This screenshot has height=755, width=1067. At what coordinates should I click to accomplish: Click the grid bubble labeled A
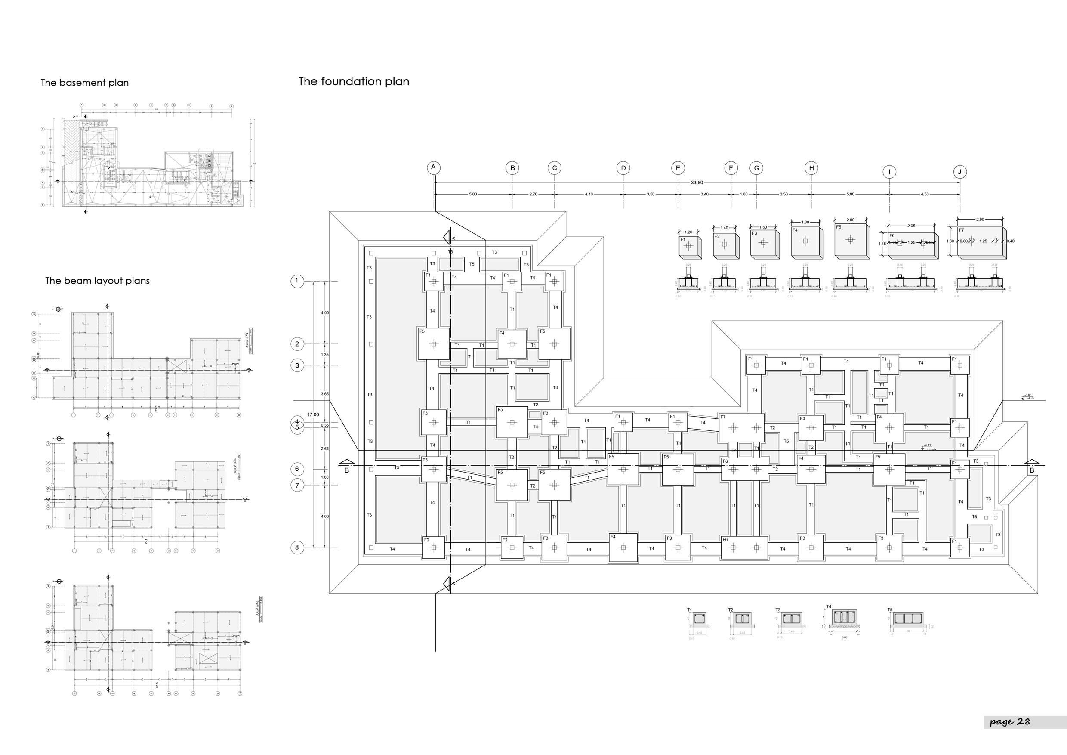click(433, 167)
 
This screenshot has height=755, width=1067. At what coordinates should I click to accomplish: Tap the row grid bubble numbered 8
click(297, 547)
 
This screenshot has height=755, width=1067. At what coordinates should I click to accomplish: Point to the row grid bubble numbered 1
click(297, 281)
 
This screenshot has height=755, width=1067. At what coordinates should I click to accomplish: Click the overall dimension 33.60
click(696, 183)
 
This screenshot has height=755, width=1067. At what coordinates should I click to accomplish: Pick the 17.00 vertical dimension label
click(313, 415)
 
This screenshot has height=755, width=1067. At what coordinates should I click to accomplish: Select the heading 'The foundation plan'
click(354, 81)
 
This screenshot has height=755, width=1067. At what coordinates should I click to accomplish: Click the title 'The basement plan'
click(85, 83)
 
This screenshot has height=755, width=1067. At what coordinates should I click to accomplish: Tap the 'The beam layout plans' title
click(97, 281)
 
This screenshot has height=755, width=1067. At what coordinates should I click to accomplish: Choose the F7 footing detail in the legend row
click(982, 242)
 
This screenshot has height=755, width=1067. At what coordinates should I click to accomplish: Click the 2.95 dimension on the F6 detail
click(911, 226)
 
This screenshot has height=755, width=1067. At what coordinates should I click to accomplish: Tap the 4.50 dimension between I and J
click(924, 194)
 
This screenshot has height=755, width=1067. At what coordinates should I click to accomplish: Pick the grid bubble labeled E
click(678, 168)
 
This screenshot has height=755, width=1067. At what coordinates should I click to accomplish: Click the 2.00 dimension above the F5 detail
click(851, 220)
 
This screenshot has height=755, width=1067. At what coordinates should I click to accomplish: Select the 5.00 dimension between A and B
click(473, 194)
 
